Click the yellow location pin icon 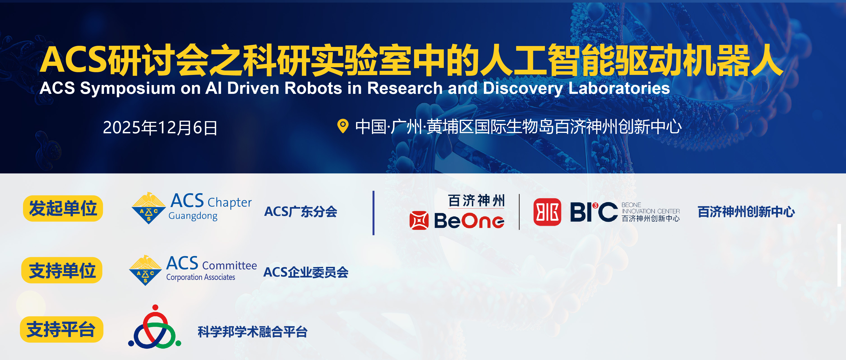[x=343, y=126]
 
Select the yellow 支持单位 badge [x=62, y=270]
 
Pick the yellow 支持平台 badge [x=62, y=330]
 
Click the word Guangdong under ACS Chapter [x=193, y=216]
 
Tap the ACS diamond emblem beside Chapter [x=148, y=208]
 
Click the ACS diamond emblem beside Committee [x=145, y=270]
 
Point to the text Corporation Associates [x=201, y=277]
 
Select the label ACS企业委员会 [x=306, y=272]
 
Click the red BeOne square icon [x=419, y=220]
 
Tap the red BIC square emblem [x=547, y=212]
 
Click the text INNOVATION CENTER [x=651, y=211]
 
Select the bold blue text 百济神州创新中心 [x=746, y=212]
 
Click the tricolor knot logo [x=155, y=326]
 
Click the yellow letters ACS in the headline [x=74, y=60]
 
